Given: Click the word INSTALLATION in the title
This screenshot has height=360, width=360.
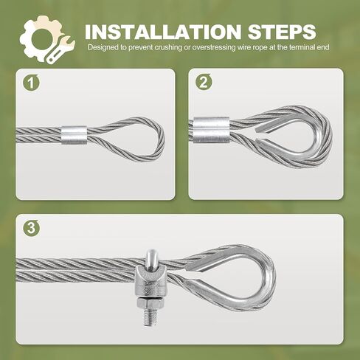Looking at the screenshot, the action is click(163, 32).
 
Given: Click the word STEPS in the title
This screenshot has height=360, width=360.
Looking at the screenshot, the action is click(282, 32).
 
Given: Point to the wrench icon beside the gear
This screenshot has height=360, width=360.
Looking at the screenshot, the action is click(60, 51).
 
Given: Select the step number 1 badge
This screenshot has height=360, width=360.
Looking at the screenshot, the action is click(31, 83).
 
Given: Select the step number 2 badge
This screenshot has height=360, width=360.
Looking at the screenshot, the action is click(204, 82).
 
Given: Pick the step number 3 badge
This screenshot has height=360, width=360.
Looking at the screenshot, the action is click(31, 228).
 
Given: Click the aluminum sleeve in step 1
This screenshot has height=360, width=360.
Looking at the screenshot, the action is click(74, 134).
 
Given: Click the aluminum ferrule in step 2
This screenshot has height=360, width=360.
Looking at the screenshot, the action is click(211, 131).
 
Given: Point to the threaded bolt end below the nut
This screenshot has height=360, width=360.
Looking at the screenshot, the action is click(150, 317).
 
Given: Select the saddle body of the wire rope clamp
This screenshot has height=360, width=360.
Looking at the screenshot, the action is click(148, 283).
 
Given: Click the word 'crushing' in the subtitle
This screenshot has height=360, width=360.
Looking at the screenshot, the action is click(169, 47).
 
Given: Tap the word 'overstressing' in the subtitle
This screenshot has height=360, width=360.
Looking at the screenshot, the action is click(213, 47).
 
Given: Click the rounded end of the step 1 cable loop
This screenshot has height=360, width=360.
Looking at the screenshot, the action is click(161, 140).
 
